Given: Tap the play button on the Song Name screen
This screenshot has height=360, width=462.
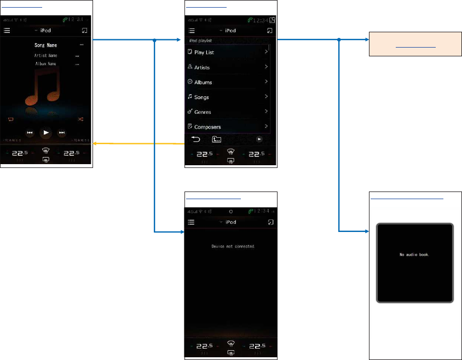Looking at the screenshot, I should point(46,132).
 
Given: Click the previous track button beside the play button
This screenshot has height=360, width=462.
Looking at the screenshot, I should point(30,132).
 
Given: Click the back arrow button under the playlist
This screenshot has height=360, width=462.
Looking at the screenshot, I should point(195,139).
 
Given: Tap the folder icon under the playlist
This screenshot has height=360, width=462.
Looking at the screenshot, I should point(217,139).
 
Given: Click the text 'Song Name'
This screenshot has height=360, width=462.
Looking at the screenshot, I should point(46,45).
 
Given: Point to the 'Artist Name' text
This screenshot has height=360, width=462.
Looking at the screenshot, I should point(46,56).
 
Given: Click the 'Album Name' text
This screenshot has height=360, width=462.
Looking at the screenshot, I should point(46,64).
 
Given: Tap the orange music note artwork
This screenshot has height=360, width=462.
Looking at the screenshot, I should point(42,90).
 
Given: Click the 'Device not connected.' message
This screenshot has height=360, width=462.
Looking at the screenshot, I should point(233,247).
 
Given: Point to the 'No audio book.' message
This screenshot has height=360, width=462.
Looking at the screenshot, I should point(414,255).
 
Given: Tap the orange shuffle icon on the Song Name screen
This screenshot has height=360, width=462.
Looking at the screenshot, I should point(80,119).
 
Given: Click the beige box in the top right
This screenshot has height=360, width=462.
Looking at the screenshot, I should point(414,44).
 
